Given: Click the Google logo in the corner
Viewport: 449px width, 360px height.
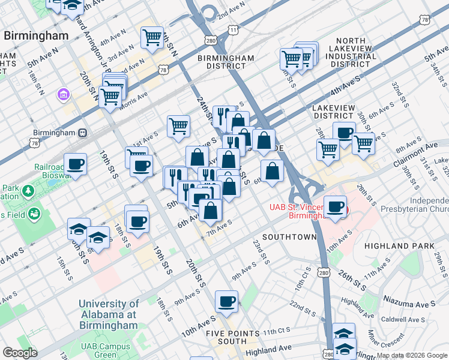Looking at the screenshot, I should click(x=19, y=353).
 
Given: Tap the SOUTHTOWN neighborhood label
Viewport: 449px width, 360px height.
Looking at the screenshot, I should click(x=289, y=237).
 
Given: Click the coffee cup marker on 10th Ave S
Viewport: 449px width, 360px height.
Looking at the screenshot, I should click(x=226, y=302).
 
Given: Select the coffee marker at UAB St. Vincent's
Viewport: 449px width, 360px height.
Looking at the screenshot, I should click(x=336, y=207).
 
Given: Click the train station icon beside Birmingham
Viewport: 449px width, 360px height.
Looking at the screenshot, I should click(x=82, y=133).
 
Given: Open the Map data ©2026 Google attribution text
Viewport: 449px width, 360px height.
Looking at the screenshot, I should click(x=412, y=356).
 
